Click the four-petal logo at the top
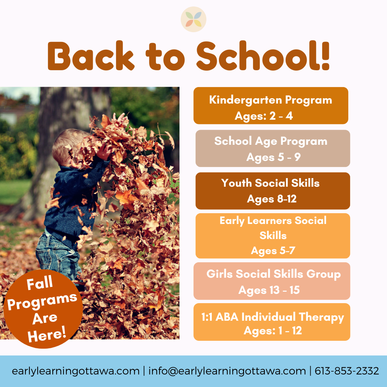193,19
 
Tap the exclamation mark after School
324,57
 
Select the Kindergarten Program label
271,100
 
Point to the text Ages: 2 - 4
264,116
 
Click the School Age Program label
271,141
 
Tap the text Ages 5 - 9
273,157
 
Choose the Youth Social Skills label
270,183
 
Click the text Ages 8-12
272,199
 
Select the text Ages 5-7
273,250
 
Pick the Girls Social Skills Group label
273,274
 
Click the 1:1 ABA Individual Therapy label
273,317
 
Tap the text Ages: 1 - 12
273,330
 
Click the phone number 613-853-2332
347,371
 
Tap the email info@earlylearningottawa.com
227,371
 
